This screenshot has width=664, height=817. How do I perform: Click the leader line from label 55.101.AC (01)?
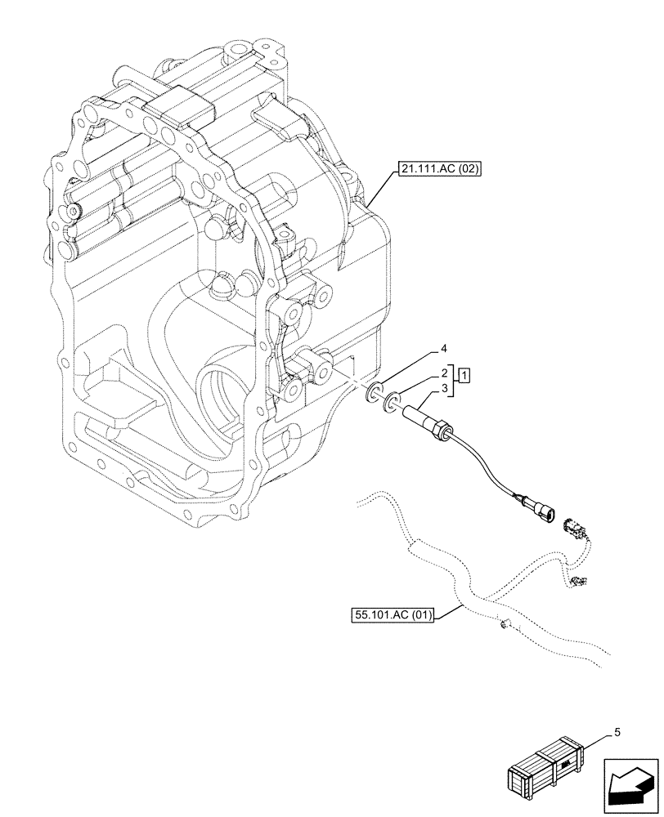[x=450, y=607]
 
